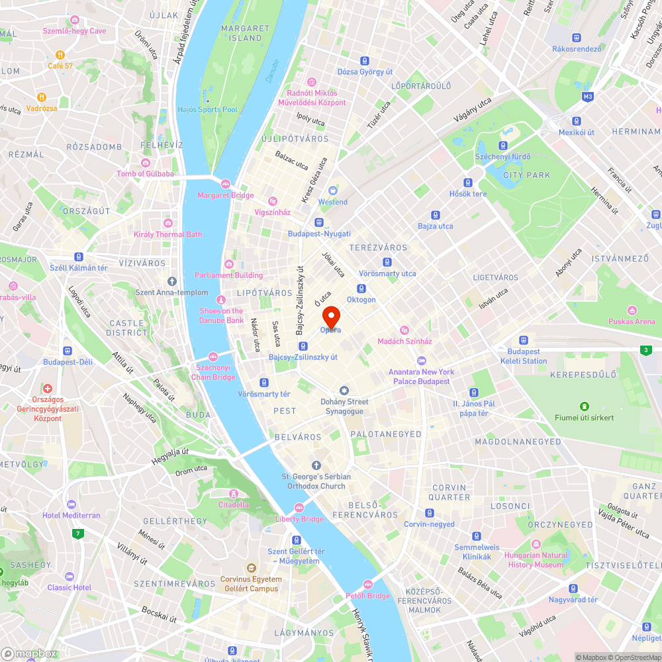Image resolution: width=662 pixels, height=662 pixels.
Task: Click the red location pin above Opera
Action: tap(330, 314)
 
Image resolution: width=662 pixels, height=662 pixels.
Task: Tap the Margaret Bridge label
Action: tap(225, 195)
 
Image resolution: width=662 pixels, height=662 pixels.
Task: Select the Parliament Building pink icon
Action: tap(229, 264)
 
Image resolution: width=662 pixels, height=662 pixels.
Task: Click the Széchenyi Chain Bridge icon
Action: tap(213, 357)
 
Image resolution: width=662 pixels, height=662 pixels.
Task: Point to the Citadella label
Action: tap(233, 504)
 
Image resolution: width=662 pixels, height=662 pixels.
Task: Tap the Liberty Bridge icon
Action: tap(299, 508)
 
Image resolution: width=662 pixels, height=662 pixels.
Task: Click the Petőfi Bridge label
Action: tap(367, 596)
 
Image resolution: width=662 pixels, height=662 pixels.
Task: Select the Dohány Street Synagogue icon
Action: tap(344, 391)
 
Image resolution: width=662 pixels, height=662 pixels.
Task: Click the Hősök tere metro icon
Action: tap(468, 183)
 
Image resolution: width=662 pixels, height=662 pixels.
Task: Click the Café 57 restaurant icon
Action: tap(60, 55)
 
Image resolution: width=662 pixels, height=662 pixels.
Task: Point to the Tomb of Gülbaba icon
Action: tap(146, 163)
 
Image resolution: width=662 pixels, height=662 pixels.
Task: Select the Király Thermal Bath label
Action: tap(167, 234)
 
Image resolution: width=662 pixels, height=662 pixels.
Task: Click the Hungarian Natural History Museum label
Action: tap(536, 560)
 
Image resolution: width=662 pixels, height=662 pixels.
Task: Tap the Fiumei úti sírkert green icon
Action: tap(584, 406)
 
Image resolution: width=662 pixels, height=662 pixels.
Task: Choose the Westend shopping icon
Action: tap(332, 191)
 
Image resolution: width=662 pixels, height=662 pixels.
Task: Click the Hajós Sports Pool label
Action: tap(207, 109)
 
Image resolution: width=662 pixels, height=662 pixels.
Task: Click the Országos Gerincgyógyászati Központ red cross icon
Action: tap(48, 389)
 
